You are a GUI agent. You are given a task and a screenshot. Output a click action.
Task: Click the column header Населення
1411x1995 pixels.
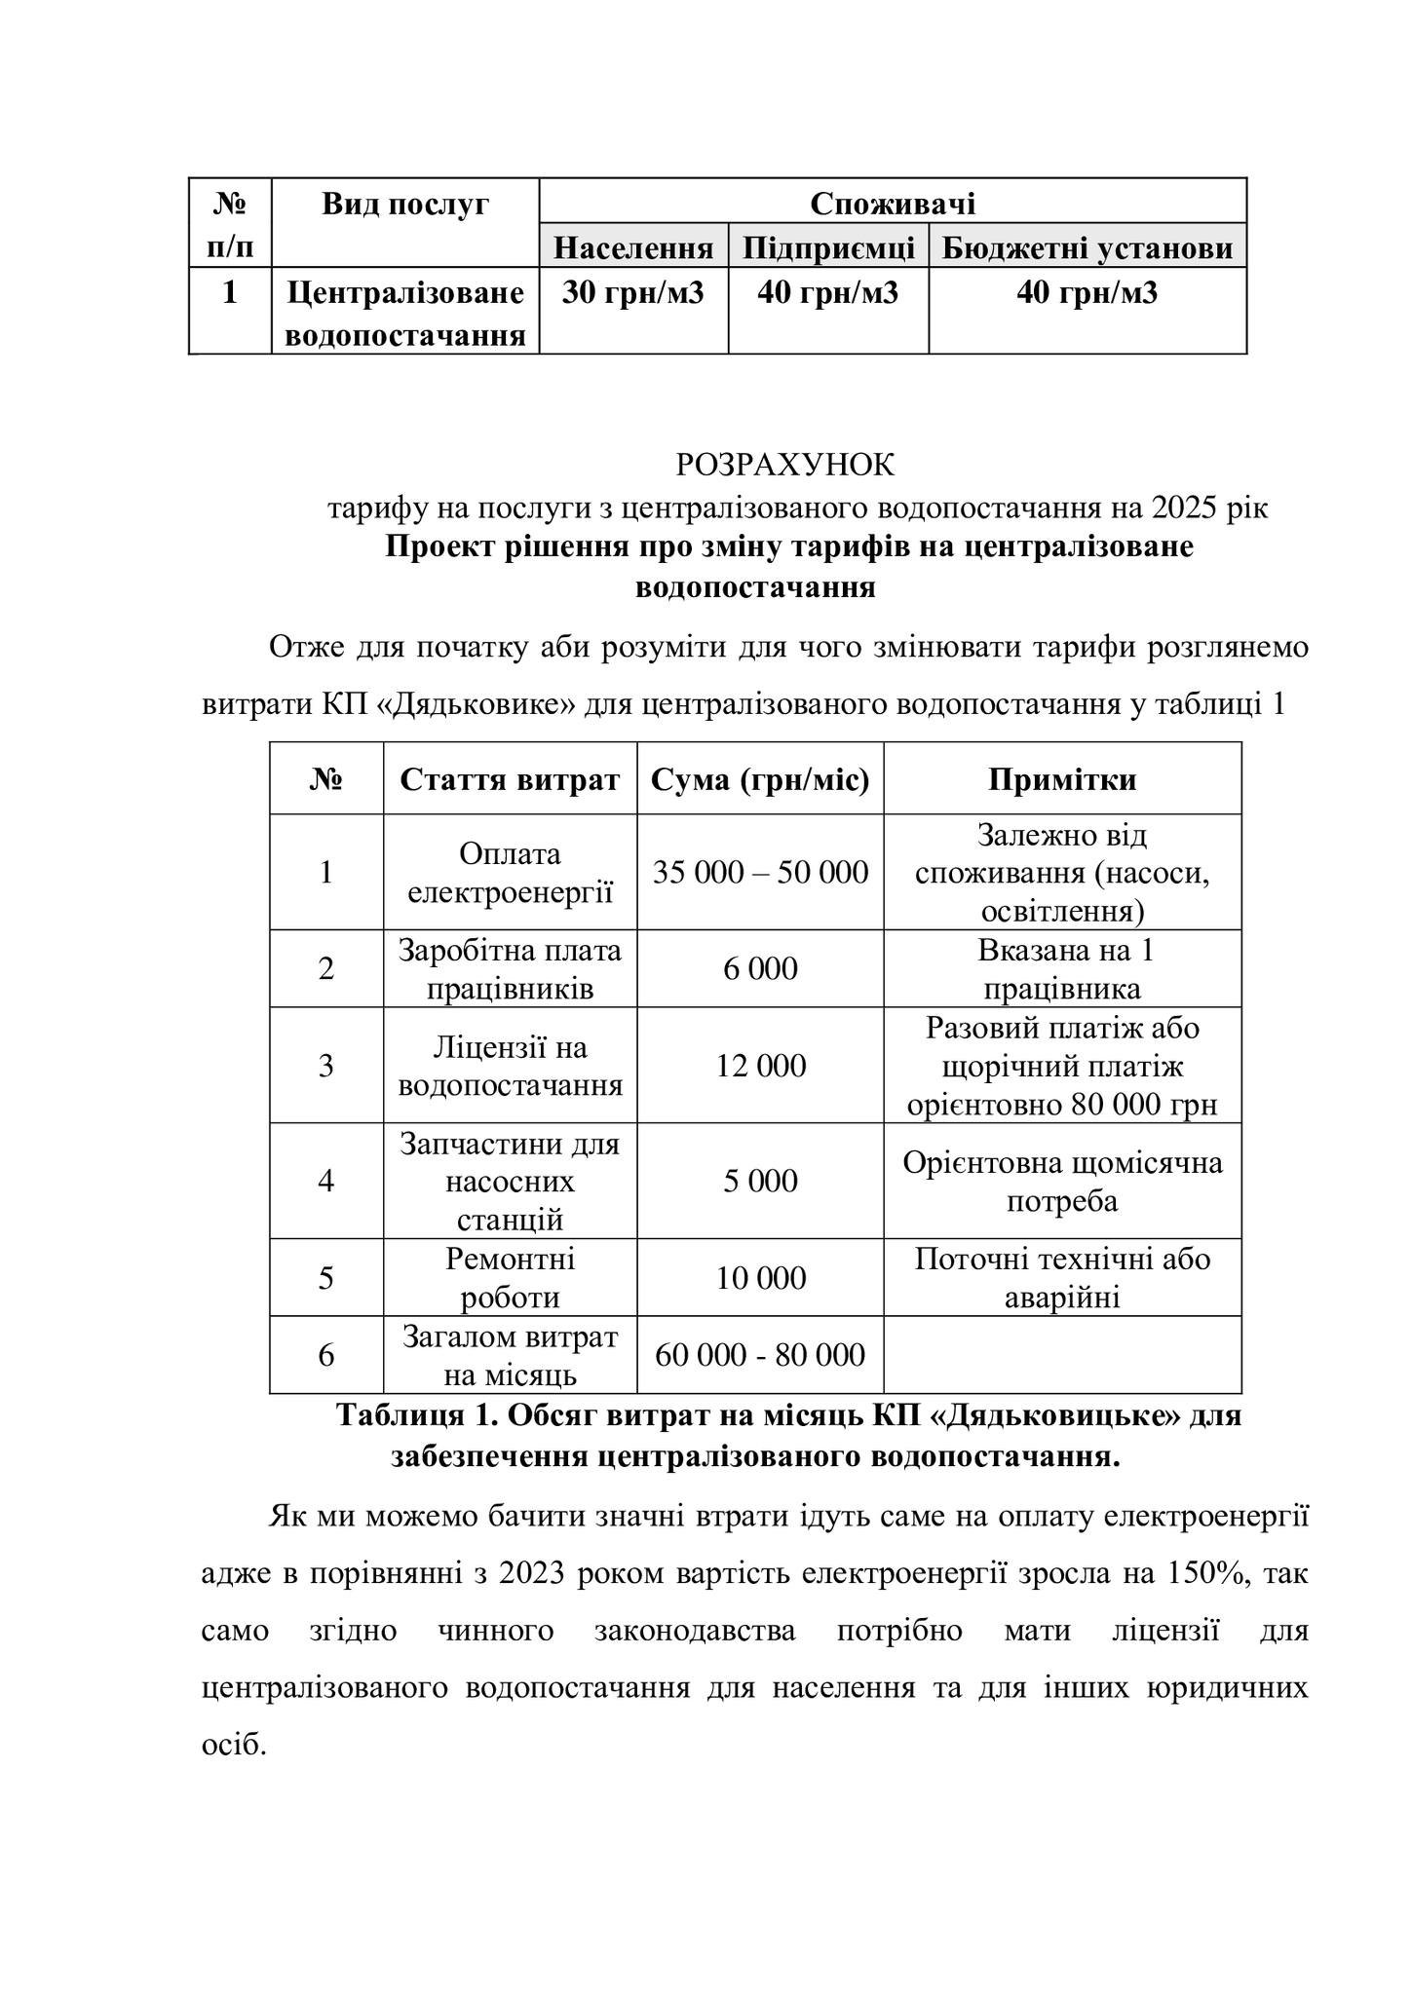pyautogui.click(x=633, y=248)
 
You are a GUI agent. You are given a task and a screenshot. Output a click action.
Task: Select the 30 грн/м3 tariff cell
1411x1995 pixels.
pyautogui.click(x=632, y=292)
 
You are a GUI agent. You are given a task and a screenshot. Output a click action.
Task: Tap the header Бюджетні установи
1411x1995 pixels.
pyautogui.click(x=1087, y=248)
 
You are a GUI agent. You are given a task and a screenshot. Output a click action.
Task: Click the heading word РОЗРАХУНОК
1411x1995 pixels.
pyautogui.click(x=784, y=466)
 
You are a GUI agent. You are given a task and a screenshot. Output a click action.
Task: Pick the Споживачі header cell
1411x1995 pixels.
pyautogui.click(x=893, y=204)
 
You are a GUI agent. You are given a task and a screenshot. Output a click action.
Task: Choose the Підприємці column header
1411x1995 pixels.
pyautogui.click(x=828, y=248)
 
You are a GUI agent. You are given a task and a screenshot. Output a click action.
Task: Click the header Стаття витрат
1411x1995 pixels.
pyautogui.click(x=510, y=779)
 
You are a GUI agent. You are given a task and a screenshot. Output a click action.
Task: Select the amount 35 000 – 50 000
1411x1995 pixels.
pyautogui.click(x=760, y=872)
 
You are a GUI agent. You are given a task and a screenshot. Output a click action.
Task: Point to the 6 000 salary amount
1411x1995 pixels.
pyautogui.click(x=760, y=968)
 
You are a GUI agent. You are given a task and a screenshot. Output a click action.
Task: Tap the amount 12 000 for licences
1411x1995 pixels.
pyautogui.click(x=760, y=1066)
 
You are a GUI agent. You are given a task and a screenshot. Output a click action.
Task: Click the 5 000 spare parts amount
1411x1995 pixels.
pyautogui.click(x=760, y=1181)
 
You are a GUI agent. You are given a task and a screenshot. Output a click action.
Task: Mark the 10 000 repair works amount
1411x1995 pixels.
pyautogui.click(x=760, y=1277)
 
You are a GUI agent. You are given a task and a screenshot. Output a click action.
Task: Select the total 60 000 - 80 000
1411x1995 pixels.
pyautogui.click(x=760, y=1355)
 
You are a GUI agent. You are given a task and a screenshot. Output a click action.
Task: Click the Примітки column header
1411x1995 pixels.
pyautogui.click(x=1062, y=779)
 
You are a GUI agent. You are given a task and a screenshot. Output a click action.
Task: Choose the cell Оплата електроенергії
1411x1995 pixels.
pyautogui.click(x=510, y=872)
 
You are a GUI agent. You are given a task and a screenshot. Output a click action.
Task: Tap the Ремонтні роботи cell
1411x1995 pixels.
pyautogui.click(x=510, y=1277)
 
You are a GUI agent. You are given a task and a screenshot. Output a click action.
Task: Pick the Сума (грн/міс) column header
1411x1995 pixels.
pyautogui.click(x=760, y=779)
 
